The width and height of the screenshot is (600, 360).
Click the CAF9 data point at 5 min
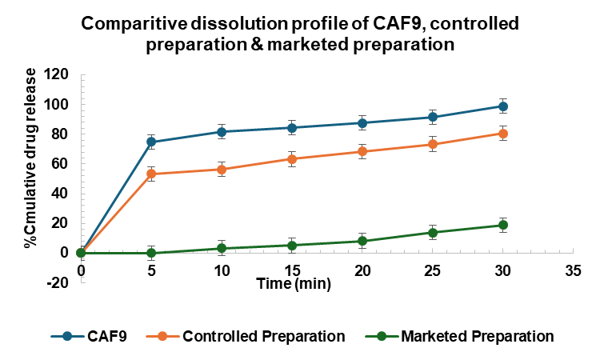click(x=130, y=142)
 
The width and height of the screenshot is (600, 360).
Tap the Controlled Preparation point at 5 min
click(x=130, y=174)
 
